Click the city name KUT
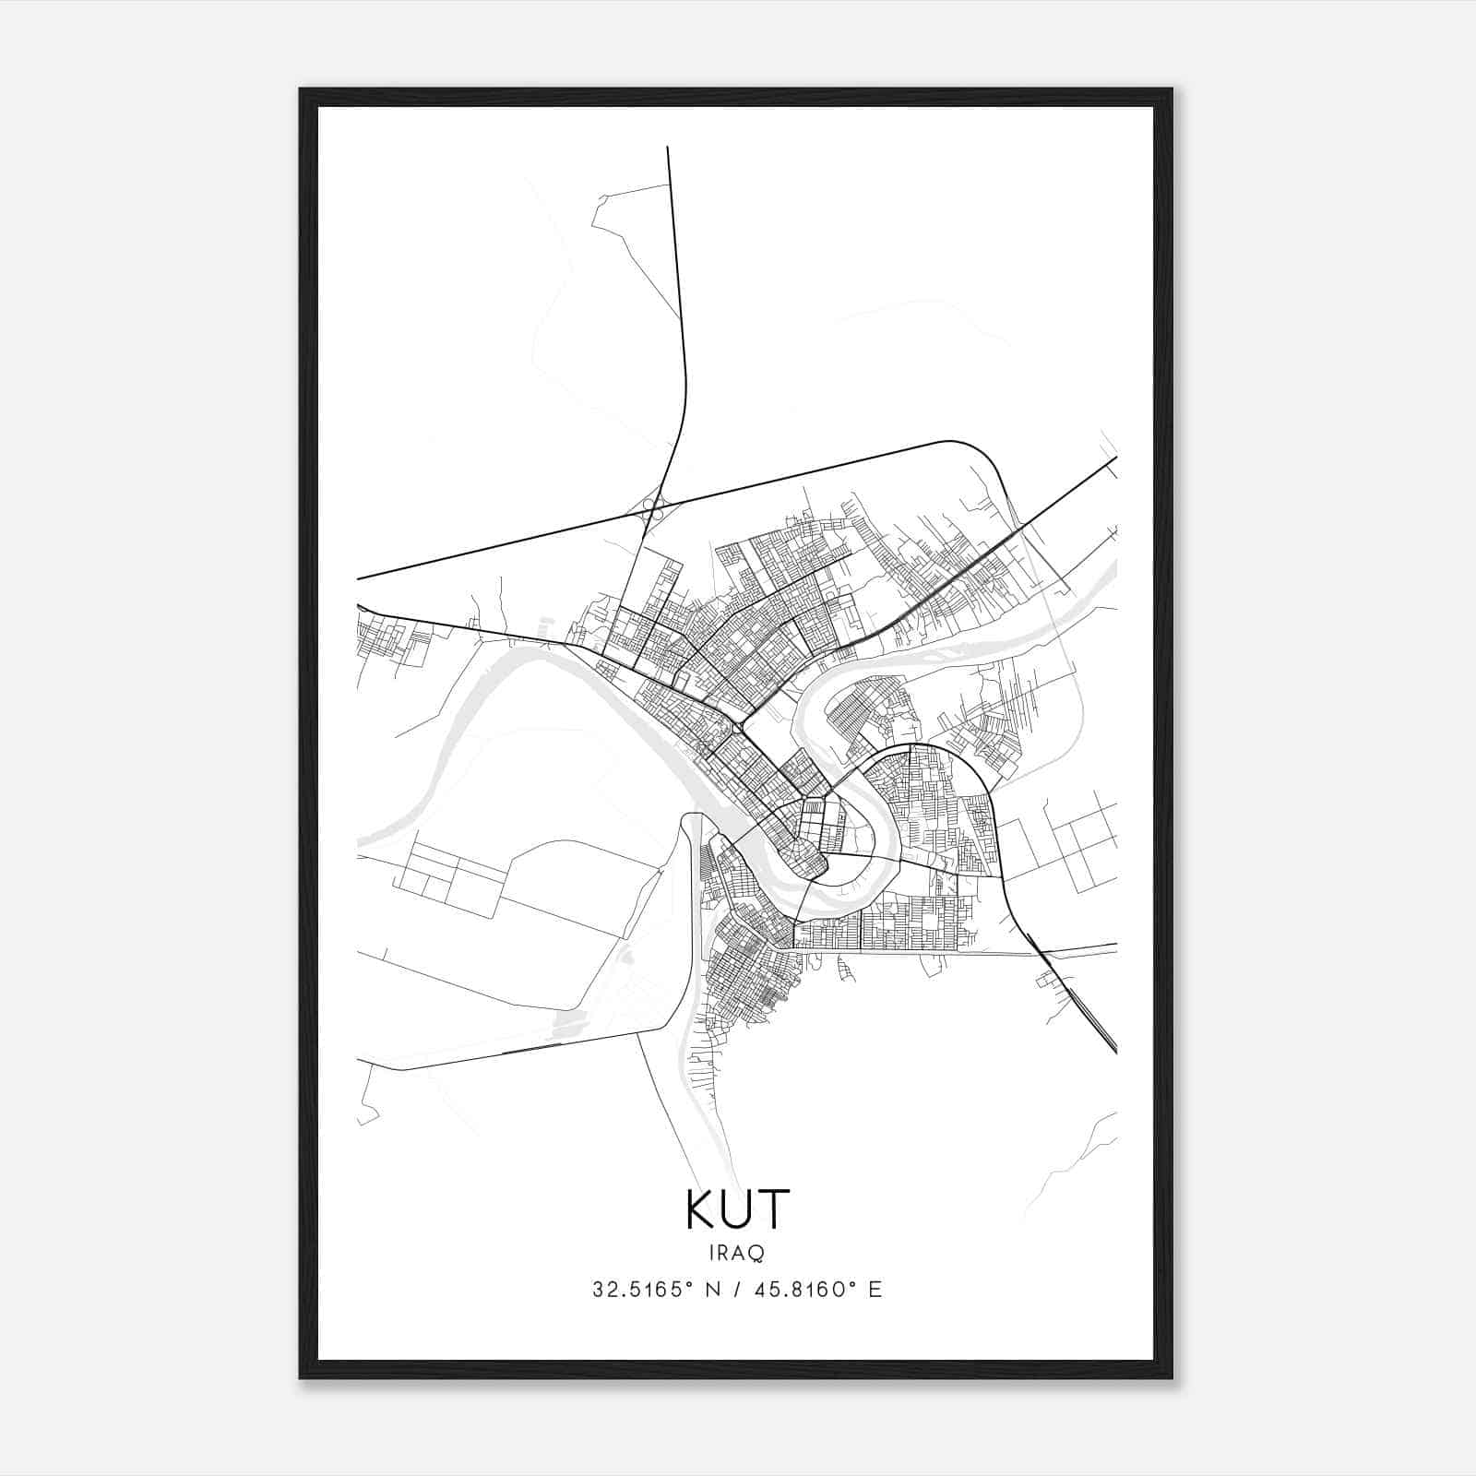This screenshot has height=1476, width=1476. pyautogui.click(x=738, y=1209)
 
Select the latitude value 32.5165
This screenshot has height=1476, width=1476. pyautogui.click(x=636, y=1289)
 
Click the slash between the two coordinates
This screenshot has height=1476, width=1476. pyautogui.click(x=737, y=1289)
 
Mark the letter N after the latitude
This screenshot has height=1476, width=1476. pyautogui.click(x=711, y=1289)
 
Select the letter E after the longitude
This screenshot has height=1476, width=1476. pyautogui.click(x=875, y=1289)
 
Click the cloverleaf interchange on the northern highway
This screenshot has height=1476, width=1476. pyautogui.click(x=654, y=506)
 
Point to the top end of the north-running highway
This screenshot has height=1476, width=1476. pyautogui.click(x=668, y=148)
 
